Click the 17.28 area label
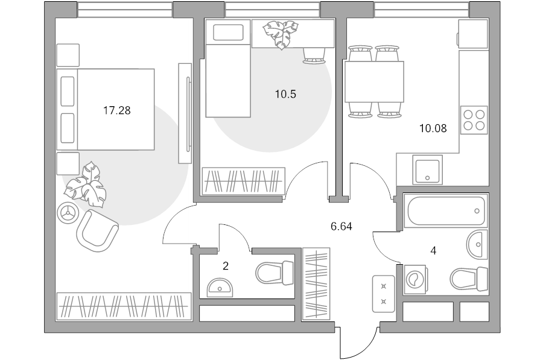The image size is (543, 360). (117, 111)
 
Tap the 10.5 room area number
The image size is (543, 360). (286, 94)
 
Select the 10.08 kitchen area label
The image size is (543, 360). (433, 129)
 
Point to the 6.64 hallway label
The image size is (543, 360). (341, 227)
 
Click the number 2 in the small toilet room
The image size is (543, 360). (226, 266)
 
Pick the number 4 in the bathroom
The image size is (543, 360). (433, 251)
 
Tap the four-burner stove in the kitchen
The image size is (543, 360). (474, 120)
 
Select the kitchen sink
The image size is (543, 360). (428, 169)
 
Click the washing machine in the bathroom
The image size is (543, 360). (414, 279)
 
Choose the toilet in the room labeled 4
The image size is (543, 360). (469, 279)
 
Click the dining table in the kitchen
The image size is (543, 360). (374, 81)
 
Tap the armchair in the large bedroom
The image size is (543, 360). (97, 230)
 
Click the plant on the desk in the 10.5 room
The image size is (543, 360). (281, 34)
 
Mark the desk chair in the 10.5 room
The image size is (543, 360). (315, 55)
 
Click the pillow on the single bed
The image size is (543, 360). (228, 32)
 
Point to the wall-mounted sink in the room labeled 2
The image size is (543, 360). (220, 287)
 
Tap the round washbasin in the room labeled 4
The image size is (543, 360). (477, 244)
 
